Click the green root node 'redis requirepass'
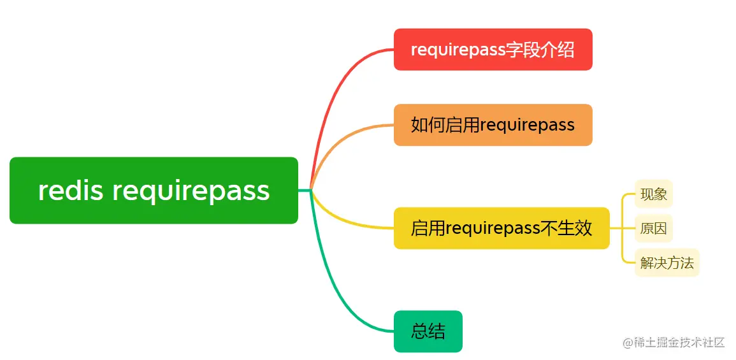click(154, 191)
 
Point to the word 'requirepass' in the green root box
click(191, 191)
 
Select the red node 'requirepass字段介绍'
click(493, 50)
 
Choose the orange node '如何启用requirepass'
click(493, 125)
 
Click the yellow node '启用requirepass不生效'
click(501, 228)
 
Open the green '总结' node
click(428, 331)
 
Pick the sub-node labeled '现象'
click(654, 194)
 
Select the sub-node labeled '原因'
click(654, 229)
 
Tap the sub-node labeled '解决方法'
click(667, 263)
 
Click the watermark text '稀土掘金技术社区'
click(679, 343)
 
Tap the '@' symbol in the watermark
click(627, 343)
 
